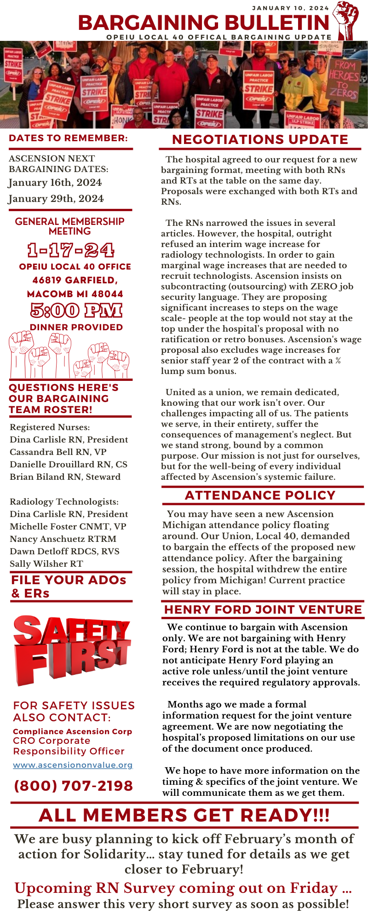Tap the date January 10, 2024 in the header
(290, 8)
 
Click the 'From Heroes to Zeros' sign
(344, 79)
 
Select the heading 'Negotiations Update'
(260, 139)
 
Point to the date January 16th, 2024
(55, 183)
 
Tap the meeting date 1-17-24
(70, 250)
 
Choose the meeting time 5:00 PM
(76, 310)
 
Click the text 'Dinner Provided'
(76, 327)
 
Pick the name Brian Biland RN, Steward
(65, 477)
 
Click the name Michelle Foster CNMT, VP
(68, 526)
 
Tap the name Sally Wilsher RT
(46, 563)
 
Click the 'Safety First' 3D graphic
(71, 649)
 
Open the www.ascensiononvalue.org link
(73, 765)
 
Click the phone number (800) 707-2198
(74, 786)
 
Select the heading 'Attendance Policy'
(260, 495)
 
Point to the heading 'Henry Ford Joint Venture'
(263, 609)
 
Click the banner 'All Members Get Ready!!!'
(184, 815)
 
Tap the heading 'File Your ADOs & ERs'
(69, 586)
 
